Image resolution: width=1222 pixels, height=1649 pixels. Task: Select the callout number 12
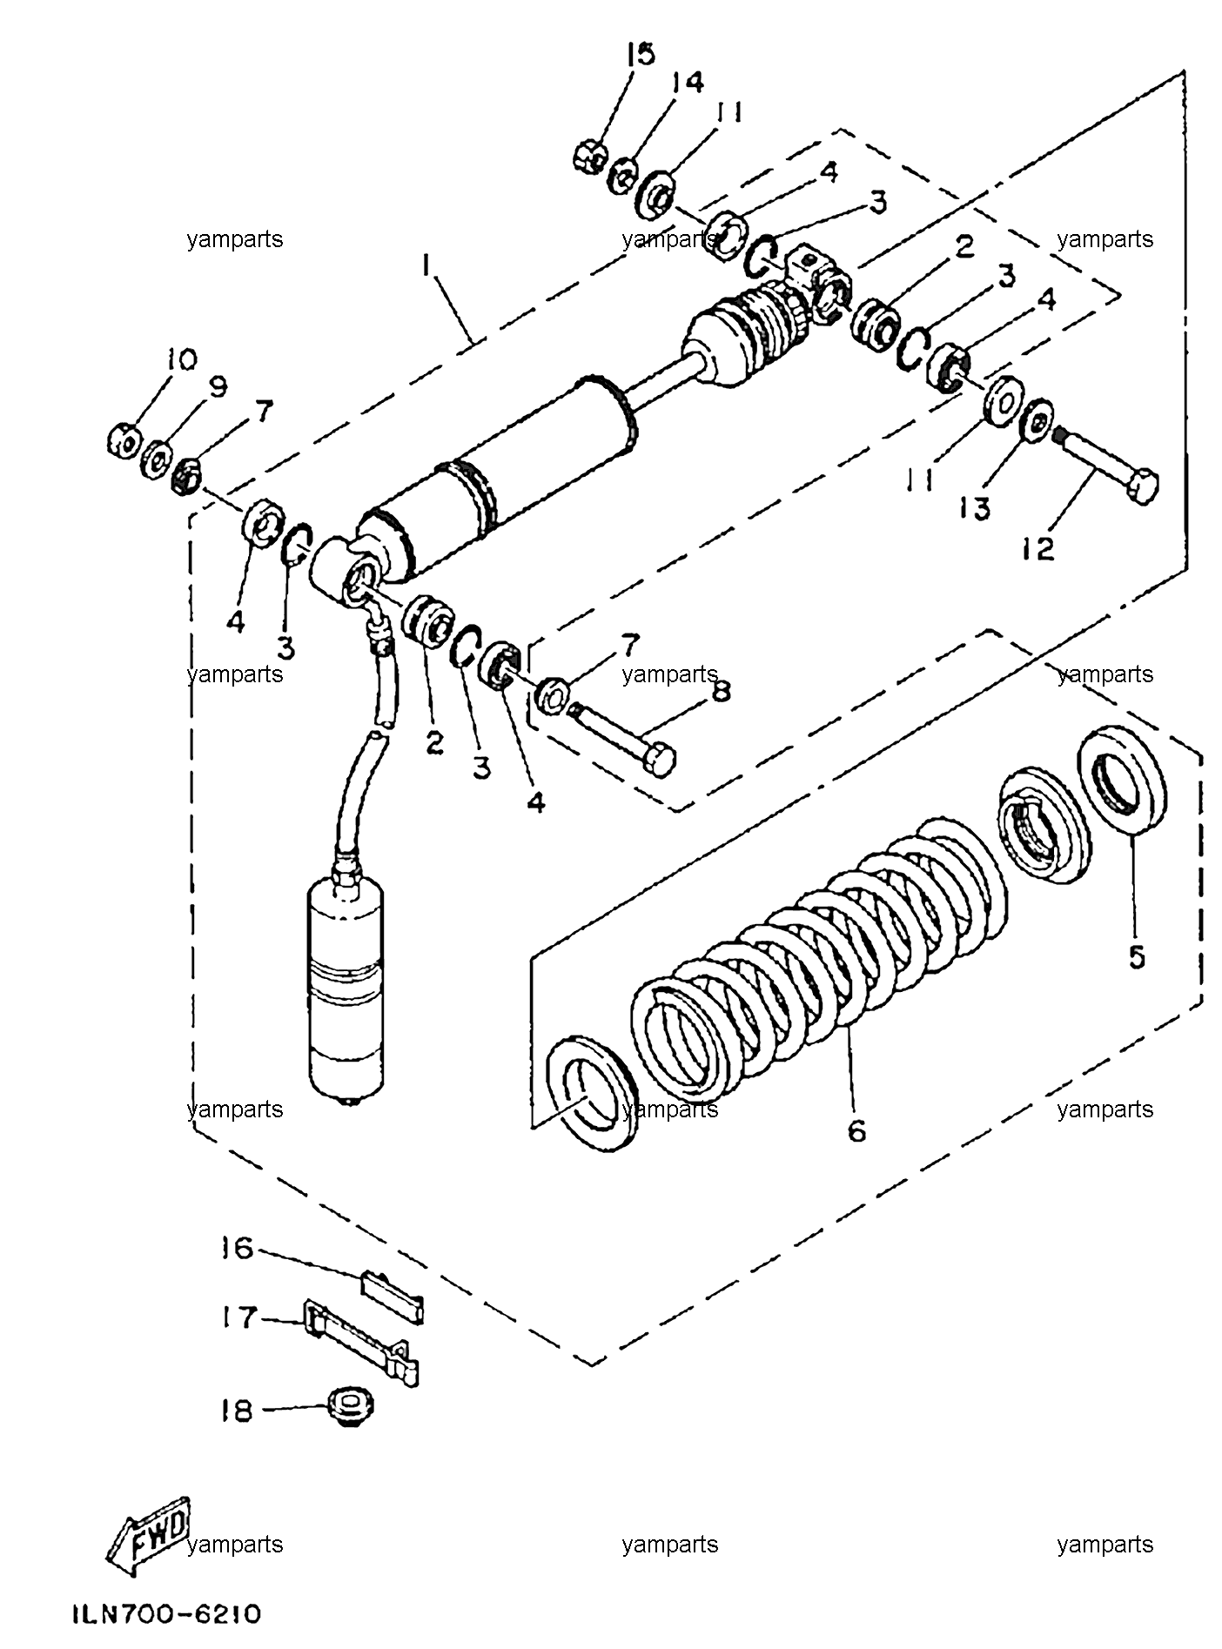click(x=1038, y=548)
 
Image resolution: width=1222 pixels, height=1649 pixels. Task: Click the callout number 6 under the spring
click(x=856, y=1130)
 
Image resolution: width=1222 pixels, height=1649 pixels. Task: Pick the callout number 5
click(x=1137, y=956)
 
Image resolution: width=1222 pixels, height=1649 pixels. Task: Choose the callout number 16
click(x=237, y=1249)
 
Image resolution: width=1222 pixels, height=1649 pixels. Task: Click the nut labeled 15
click(x=588, y=157)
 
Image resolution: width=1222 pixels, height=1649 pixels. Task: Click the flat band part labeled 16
click(x=393, y=1296)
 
